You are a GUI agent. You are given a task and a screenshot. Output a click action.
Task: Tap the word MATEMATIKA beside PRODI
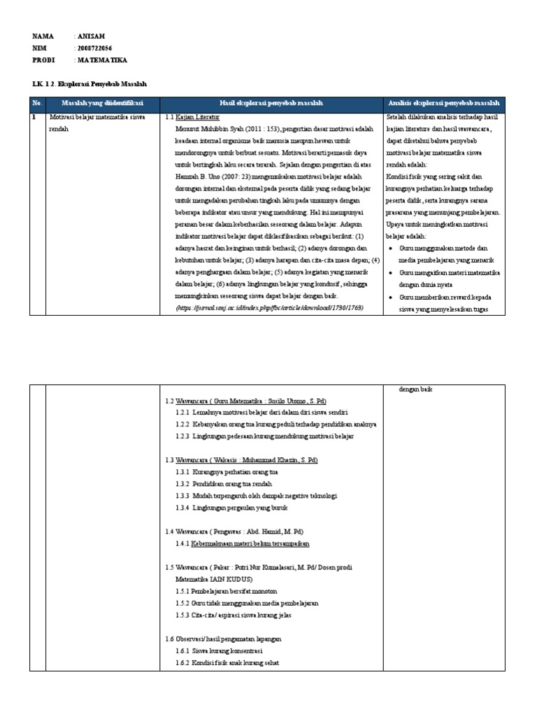point(102,60)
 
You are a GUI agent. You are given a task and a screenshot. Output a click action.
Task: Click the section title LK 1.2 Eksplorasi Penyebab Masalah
point(90,84)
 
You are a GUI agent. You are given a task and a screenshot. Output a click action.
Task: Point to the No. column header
point(37,104)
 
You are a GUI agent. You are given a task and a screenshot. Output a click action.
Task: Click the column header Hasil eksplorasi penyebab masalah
point(271,104)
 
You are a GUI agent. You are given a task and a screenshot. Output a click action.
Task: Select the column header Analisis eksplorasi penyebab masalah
point(444,104)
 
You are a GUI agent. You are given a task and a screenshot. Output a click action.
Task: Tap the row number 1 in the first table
point(34,118)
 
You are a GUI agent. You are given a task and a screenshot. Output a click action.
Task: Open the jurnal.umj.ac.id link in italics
point(270,308)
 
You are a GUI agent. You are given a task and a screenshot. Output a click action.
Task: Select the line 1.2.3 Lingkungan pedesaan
point(264,436)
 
